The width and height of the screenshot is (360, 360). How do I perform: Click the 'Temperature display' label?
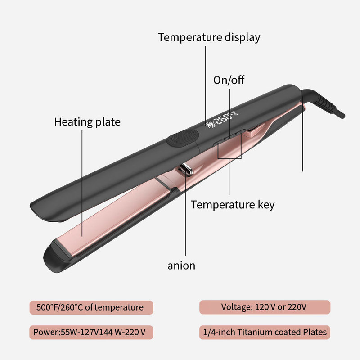(x=209, y=37)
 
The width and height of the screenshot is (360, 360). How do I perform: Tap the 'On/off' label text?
(x=229, y=80)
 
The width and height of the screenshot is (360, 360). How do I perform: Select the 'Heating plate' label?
(x=87, y=122)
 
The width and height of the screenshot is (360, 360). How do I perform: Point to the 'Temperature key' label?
(x=233, y=205)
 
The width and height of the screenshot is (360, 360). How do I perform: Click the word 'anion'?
(x=181, y=265)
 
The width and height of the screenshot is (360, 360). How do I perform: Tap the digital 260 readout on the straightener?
(x=223, y=118)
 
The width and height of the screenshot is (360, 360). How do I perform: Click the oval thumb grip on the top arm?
(x=183, y=138)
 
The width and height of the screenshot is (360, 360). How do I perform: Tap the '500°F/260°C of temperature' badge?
(x=91, y=307)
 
